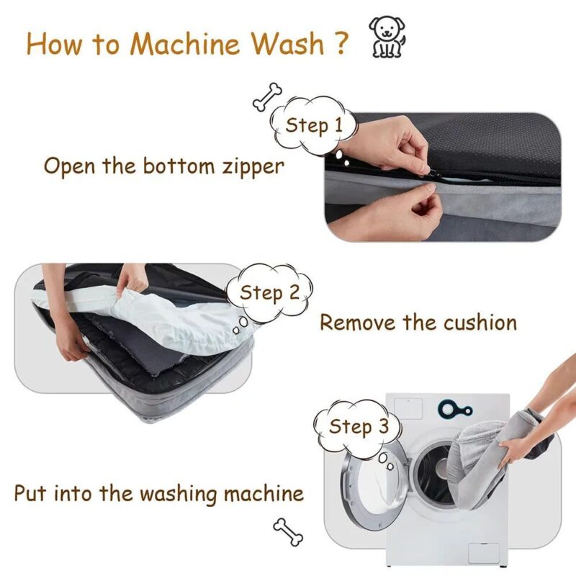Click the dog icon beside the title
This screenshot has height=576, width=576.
click(x=387, y=37)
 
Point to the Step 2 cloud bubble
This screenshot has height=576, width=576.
click(x=269, y=293)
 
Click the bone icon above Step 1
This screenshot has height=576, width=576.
click(x=267, y=96)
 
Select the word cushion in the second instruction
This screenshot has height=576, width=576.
click(x=480, y=322)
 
